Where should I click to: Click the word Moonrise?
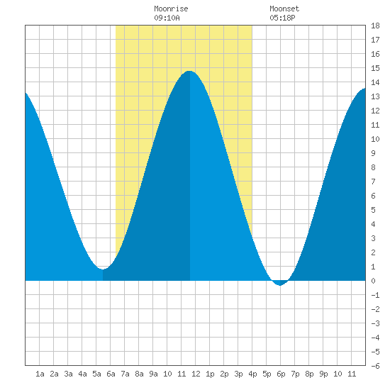171,9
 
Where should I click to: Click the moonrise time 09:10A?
167,18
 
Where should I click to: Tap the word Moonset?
284,9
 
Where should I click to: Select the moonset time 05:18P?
282,18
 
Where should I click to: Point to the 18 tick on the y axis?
375,26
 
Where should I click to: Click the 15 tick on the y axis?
375,68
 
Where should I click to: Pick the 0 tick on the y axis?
373,281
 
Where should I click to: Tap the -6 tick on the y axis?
375,366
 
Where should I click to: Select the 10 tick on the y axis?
375,139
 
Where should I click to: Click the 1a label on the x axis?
40,374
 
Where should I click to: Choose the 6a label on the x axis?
111,374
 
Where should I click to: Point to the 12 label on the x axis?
196,374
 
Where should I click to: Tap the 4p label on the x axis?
252,374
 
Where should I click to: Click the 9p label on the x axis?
323,374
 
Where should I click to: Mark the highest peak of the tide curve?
189,71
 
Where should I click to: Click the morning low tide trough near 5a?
103,269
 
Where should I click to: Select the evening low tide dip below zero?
280,285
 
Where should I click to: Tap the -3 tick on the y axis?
375,323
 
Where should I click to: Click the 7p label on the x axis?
295,374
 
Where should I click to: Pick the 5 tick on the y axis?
373,210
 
